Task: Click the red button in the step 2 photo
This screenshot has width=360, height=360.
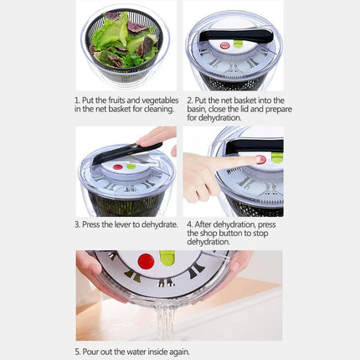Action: [224, 45]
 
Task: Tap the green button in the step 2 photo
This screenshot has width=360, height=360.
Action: [239, 43]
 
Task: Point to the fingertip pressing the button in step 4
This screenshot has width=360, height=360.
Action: [255, 159]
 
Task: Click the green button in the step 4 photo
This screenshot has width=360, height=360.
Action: [275, 157]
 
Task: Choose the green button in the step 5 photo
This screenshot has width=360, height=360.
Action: [167, 258]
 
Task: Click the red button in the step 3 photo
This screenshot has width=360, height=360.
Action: [118, 167]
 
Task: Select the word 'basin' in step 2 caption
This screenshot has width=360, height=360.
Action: [197, 109]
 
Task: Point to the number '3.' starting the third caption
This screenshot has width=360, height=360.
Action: [78, 224]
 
